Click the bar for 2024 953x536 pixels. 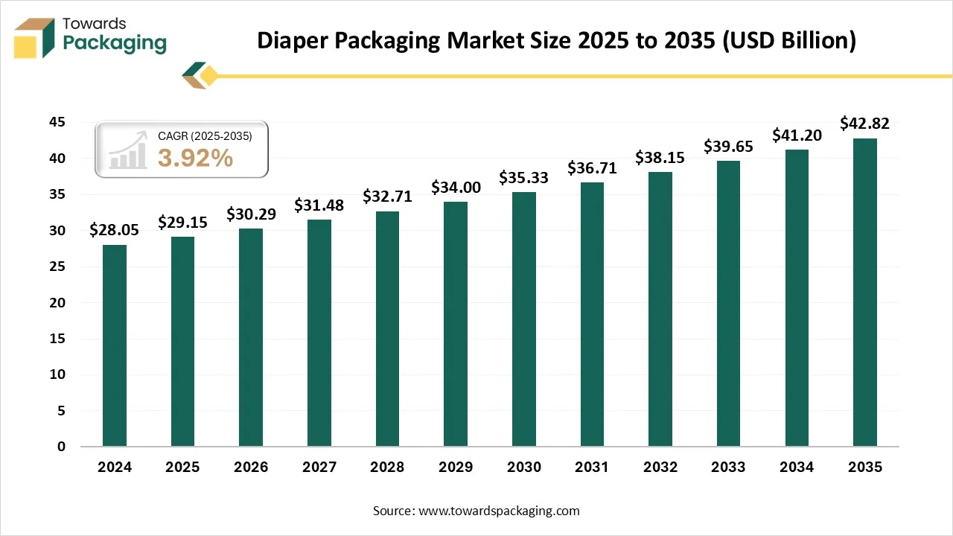115,345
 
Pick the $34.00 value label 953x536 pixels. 456,187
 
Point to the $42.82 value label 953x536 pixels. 864,123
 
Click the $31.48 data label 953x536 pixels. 319,205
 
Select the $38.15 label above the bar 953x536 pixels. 660,157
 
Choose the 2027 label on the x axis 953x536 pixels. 319,468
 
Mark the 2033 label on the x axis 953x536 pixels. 728,468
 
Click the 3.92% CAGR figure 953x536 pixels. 195,158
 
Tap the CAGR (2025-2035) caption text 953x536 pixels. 205,136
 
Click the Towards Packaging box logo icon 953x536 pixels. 34,37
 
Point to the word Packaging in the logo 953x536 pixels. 115,43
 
